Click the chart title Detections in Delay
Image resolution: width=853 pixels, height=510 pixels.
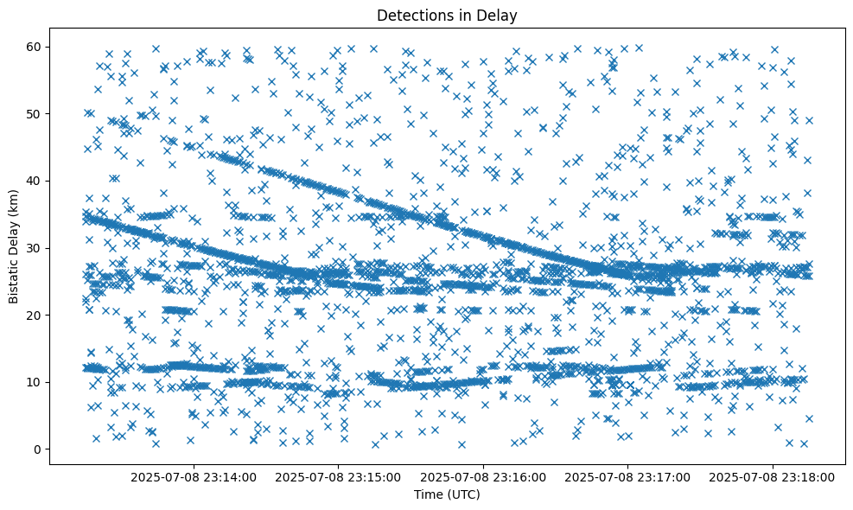[x=447, y=16]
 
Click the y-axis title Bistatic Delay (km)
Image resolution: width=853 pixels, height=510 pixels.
[x=14, y=246]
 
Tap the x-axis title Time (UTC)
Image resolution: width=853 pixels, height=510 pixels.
[x=447, y=495]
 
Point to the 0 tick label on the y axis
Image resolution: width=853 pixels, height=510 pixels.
[x=38, y=449]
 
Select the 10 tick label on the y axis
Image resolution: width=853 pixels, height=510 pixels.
[x=35, y=382]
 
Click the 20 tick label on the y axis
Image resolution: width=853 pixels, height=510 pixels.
[x=35, y=316]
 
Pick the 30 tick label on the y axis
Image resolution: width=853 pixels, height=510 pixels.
[x=35, y=248]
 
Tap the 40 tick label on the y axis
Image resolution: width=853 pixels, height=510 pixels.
[x=35, y=181]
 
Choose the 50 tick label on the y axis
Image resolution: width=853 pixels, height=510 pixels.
[x=35, y=113]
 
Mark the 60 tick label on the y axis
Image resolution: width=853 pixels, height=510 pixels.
[x=35, y=47]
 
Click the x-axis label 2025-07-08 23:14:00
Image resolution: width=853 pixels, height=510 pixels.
[x=194, y=477]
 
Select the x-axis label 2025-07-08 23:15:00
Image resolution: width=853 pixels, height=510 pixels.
[x=339, y=477]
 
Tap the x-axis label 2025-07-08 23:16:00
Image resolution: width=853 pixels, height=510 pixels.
[x=483, y=477]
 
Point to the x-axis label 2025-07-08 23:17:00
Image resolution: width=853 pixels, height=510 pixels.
[x=628, y=477]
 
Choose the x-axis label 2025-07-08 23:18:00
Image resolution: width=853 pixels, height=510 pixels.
[x=773, y=477]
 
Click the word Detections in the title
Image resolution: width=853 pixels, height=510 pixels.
[x=411, y=16]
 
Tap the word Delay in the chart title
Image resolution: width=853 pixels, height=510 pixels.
[x=500, y=16]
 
